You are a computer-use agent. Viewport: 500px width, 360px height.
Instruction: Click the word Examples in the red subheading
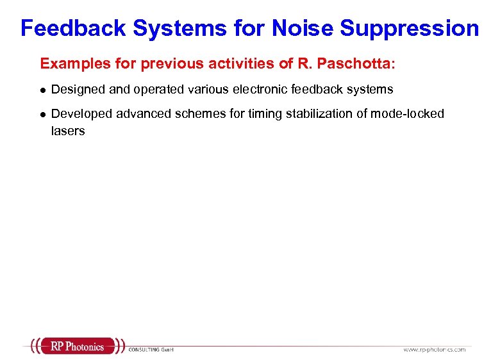(x=69, y=64)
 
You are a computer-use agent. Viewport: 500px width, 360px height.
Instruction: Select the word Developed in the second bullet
(x=78, y=113)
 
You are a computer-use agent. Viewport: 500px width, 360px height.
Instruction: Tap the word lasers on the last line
(x=67, y=131)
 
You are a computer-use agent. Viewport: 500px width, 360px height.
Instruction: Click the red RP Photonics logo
(x=77, y=346)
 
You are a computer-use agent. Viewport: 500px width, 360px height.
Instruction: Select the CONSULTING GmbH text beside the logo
(x=151, y=350)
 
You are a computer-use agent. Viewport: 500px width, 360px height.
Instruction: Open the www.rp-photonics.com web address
(x=434, y=350)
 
